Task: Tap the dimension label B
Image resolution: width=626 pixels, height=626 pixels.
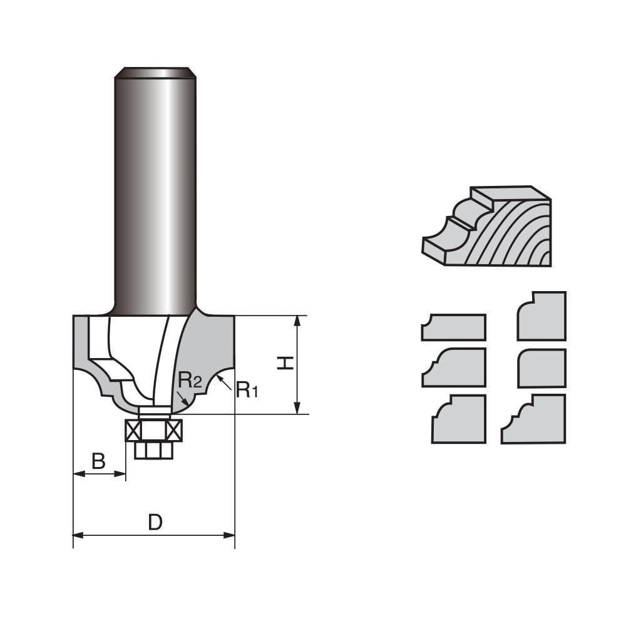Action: coord(98,461)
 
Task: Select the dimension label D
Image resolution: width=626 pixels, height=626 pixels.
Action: coord(155,521)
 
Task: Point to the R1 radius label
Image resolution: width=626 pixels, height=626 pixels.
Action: coord(247,391)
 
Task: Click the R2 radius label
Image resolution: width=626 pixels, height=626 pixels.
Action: coord(190,379)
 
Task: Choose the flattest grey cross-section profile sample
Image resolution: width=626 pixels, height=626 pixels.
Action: coord(453,327)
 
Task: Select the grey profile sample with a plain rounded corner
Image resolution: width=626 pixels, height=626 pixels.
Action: coord(542,369)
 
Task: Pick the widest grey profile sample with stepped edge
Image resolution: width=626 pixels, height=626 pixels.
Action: coord(534,419)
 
